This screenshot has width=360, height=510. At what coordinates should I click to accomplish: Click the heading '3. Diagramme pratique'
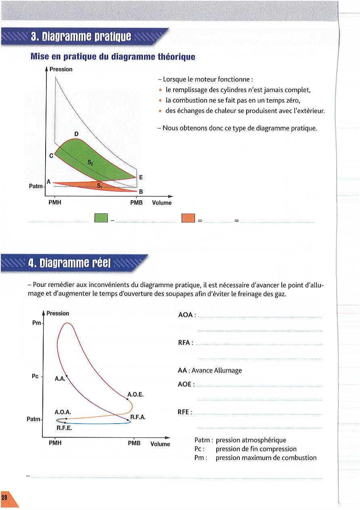click(x=81, y=37)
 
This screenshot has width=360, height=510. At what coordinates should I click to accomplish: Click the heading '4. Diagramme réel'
click(x=70, y=264)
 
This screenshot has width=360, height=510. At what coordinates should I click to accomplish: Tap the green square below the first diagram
click(x=101, y=218)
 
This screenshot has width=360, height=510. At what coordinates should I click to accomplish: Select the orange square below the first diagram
click(x=188, y=218)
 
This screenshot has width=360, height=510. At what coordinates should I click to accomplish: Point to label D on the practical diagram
click(x=76, y=134)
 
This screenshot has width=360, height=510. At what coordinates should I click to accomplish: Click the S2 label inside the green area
click(x=90, y=162)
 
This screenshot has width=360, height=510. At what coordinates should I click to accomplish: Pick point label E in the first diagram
click(x=140, y=177)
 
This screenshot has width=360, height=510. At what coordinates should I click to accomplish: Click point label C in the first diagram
click(x=51, y=155)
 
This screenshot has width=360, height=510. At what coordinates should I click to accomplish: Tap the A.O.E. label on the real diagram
click(x=135, y=394)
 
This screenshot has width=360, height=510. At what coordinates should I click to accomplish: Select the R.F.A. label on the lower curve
click(x=138, y=418)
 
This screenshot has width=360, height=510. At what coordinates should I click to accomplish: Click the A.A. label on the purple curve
click(x=60, y=379)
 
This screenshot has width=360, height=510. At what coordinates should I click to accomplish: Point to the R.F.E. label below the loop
click(x=64, y=428)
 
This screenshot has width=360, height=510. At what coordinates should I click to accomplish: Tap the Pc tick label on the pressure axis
click(x=35, y=376)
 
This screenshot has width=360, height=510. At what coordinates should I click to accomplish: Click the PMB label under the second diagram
click(x=134, y=443)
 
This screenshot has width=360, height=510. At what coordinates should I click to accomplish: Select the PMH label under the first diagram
click(x=54, y=203)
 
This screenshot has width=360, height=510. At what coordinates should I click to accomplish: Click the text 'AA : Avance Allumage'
click(x=209, y=370)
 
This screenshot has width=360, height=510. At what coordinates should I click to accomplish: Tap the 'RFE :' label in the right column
click(x=185, y=412)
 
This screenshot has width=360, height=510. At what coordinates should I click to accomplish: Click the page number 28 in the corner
click(x=4, y=498)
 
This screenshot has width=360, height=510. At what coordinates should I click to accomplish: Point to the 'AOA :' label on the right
click(x=187, y=315)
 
